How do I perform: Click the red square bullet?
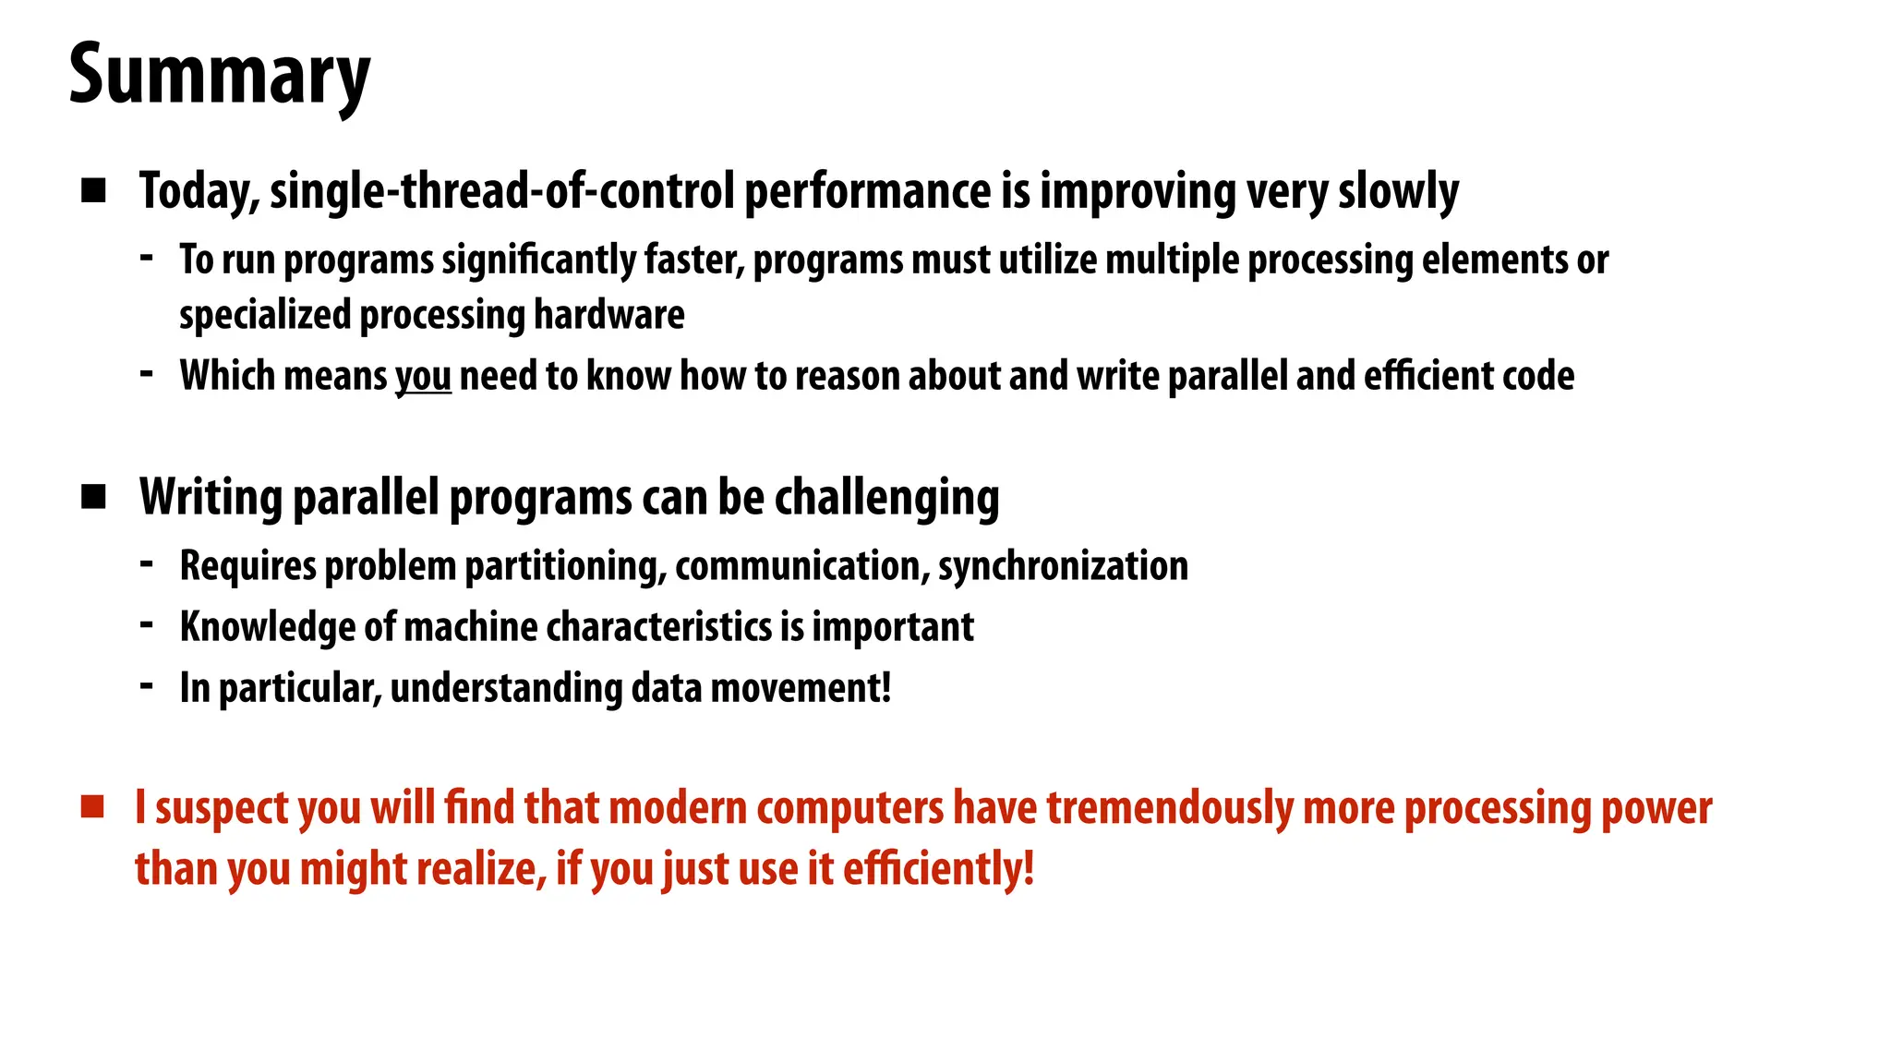coord(92,806)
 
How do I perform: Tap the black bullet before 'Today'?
coord(93,191)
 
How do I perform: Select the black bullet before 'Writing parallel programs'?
coord(93,497)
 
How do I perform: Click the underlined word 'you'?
coord(423,377)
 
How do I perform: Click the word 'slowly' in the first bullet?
coord(1398,191)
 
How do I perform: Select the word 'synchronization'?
coord(1063,566)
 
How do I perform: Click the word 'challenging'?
coord(886,498)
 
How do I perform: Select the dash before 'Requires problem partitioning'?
coord(147,563)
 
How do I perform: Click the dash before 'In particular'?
coord(147,685)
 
